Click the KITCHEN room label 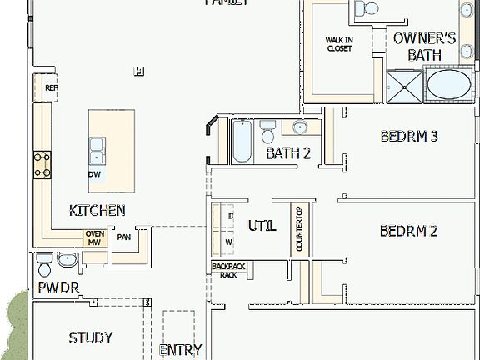(x=97, y=211)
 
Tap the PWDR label (x=57, y=288)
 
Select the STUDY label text (x=91, y=337)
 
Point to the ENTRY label (x=180, y=350)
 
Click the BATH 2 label (x=288, y=153)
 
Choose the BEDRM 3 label (x=409, y=137)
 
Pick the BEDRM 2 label (x=408, y=231)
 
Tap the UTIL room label (x=262, y=225)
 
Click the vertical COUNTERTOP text (x=299, y=229)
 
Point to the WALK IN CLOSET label (x=339, y=43)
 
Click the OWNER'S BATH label (x=424, y=47)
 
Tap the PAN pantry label (x=124, y=237)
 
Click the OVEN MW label (x=95, y=238)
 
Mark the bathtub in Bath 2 (x=242, y=142)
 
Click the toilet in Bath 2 (x=268, y=132)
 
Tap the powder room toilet (x=45, y=264)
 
